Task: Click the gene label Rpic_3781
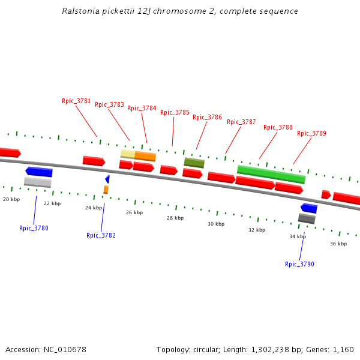[76, 101]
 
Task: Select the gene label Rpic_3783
[109, 104]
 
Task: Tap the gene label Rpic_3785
[175, 112]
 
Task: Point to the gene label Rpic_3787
[241, 122]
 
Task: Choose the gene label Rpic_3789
[311, 133]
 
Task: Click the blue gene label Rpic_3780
[34, 228]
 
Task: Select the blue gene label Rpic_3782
[101, 235]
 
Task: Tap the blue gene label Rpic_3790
[299, 264]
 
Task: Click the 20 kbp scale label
[11, 199]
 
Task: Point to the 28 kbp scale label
[175, 218]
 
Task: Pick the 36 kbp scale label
[338, 244]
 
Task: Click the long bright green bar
[271, 174]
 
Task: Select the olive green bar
[194, 163]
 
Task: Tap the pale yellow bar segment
[127, 154]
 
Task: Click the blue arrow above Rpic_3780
[39, 172]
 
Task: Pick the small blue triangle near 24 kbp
[107, 179]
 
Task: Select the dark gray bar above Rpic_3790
[307, 218]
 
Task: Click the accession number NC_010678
[65, 349]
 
